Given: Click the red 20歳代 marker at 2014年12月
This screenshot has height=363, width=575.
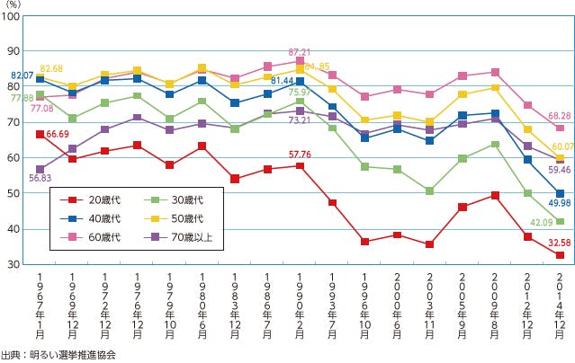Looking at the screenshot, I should click(x=560, y=255).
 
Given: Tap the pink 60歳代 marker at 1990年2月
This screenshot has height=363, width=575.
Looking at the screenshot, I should click(x=301, y=62).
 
